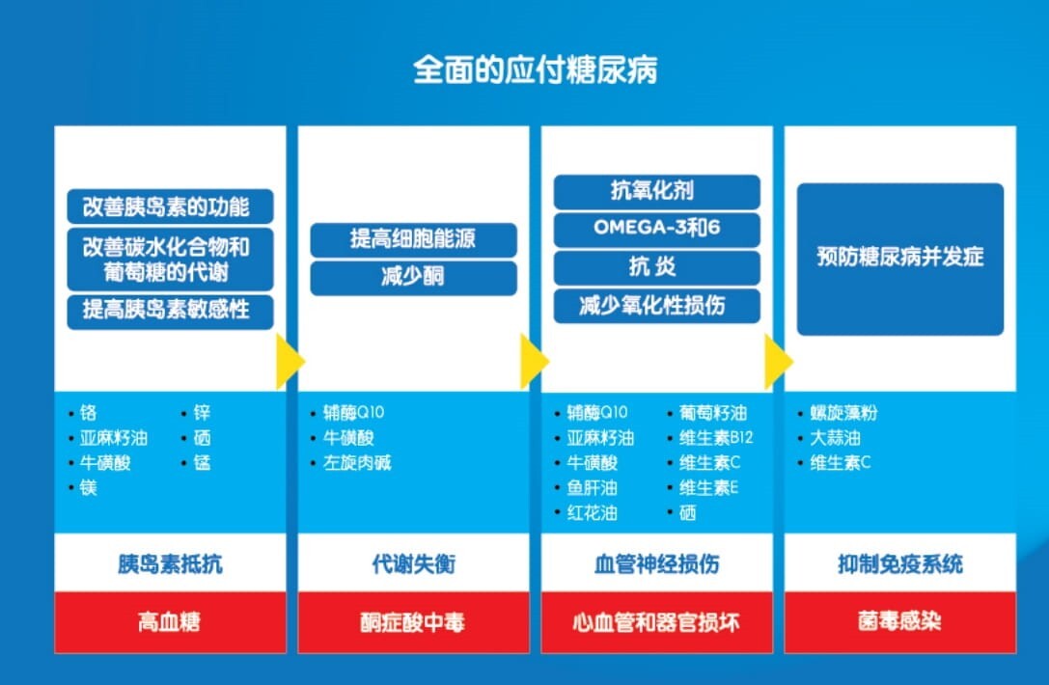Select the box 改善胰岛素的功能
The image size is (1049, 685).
coord(171,206)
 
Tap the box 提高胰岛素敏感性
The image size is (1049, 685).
coord(171,311)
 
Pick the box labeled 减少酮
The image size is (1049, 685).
coord(413,278)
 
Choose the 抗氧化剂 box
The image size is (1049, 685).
coord(656,191)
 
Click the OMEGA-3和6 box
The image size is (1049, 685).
coord(656,230)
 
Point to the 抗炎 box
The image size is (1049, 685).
coord(656,267)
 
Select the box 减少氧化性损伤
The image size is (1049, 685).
coord(656,306)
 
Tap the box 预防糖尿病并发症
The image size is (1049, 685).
coord(899,259)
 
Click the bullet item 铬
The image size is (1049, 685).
coord(89,413)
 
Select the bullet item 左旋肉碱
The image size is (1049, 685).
coord(357,463)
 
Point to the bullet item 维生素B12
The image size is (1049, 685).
coord(716,438)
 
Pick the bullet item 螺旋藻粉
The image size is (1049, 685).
coord(843,413)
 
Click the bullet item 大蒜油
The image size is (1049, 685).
coord(836,438)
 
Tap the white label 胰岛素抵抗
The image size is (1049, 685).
coord(170,564)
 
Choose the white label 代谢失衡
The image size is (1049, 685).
coord(413,564)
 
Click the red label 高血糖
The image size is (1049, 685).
coord(170,622)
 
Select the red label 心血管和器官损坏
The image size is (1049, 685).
coord(656,622)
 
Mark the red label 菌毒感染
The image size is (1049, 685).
coord(899,622)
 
